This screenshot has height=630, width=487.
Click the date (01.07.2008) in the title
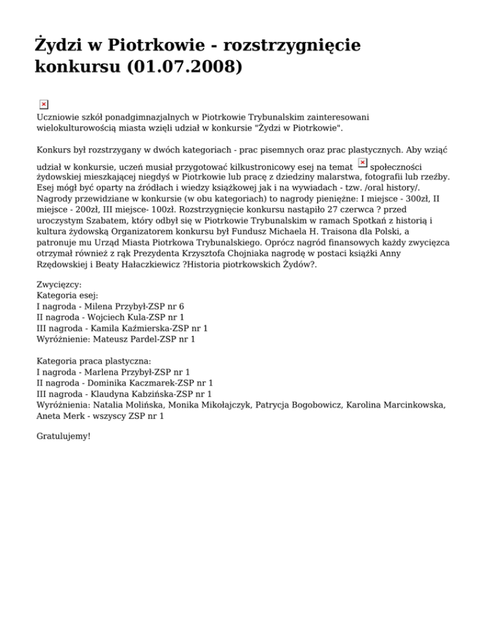pyautogui.click(x=185, y=67)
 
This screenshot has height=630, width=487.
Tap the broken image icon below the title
pyautogui.click(x=44, y=105)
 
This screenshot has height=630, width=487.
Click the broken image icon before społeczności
pyautogui.click(x=363, y=163)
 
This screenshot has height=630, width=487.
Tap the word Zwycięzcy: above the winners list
pyautogui.click(x=60, y=285)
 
